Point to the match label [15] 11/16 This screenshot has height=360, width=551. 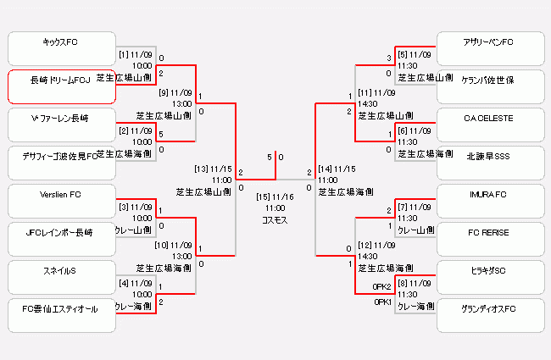click(275, 196)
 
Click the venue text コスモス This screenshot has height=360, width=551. click(275, 219)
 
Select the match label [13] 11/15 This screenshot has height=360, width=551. click(213, 169)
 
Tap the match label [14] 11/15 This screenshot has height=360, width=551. click(337, 169)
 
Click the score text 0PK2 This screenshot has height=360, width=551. click(381, 286)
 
